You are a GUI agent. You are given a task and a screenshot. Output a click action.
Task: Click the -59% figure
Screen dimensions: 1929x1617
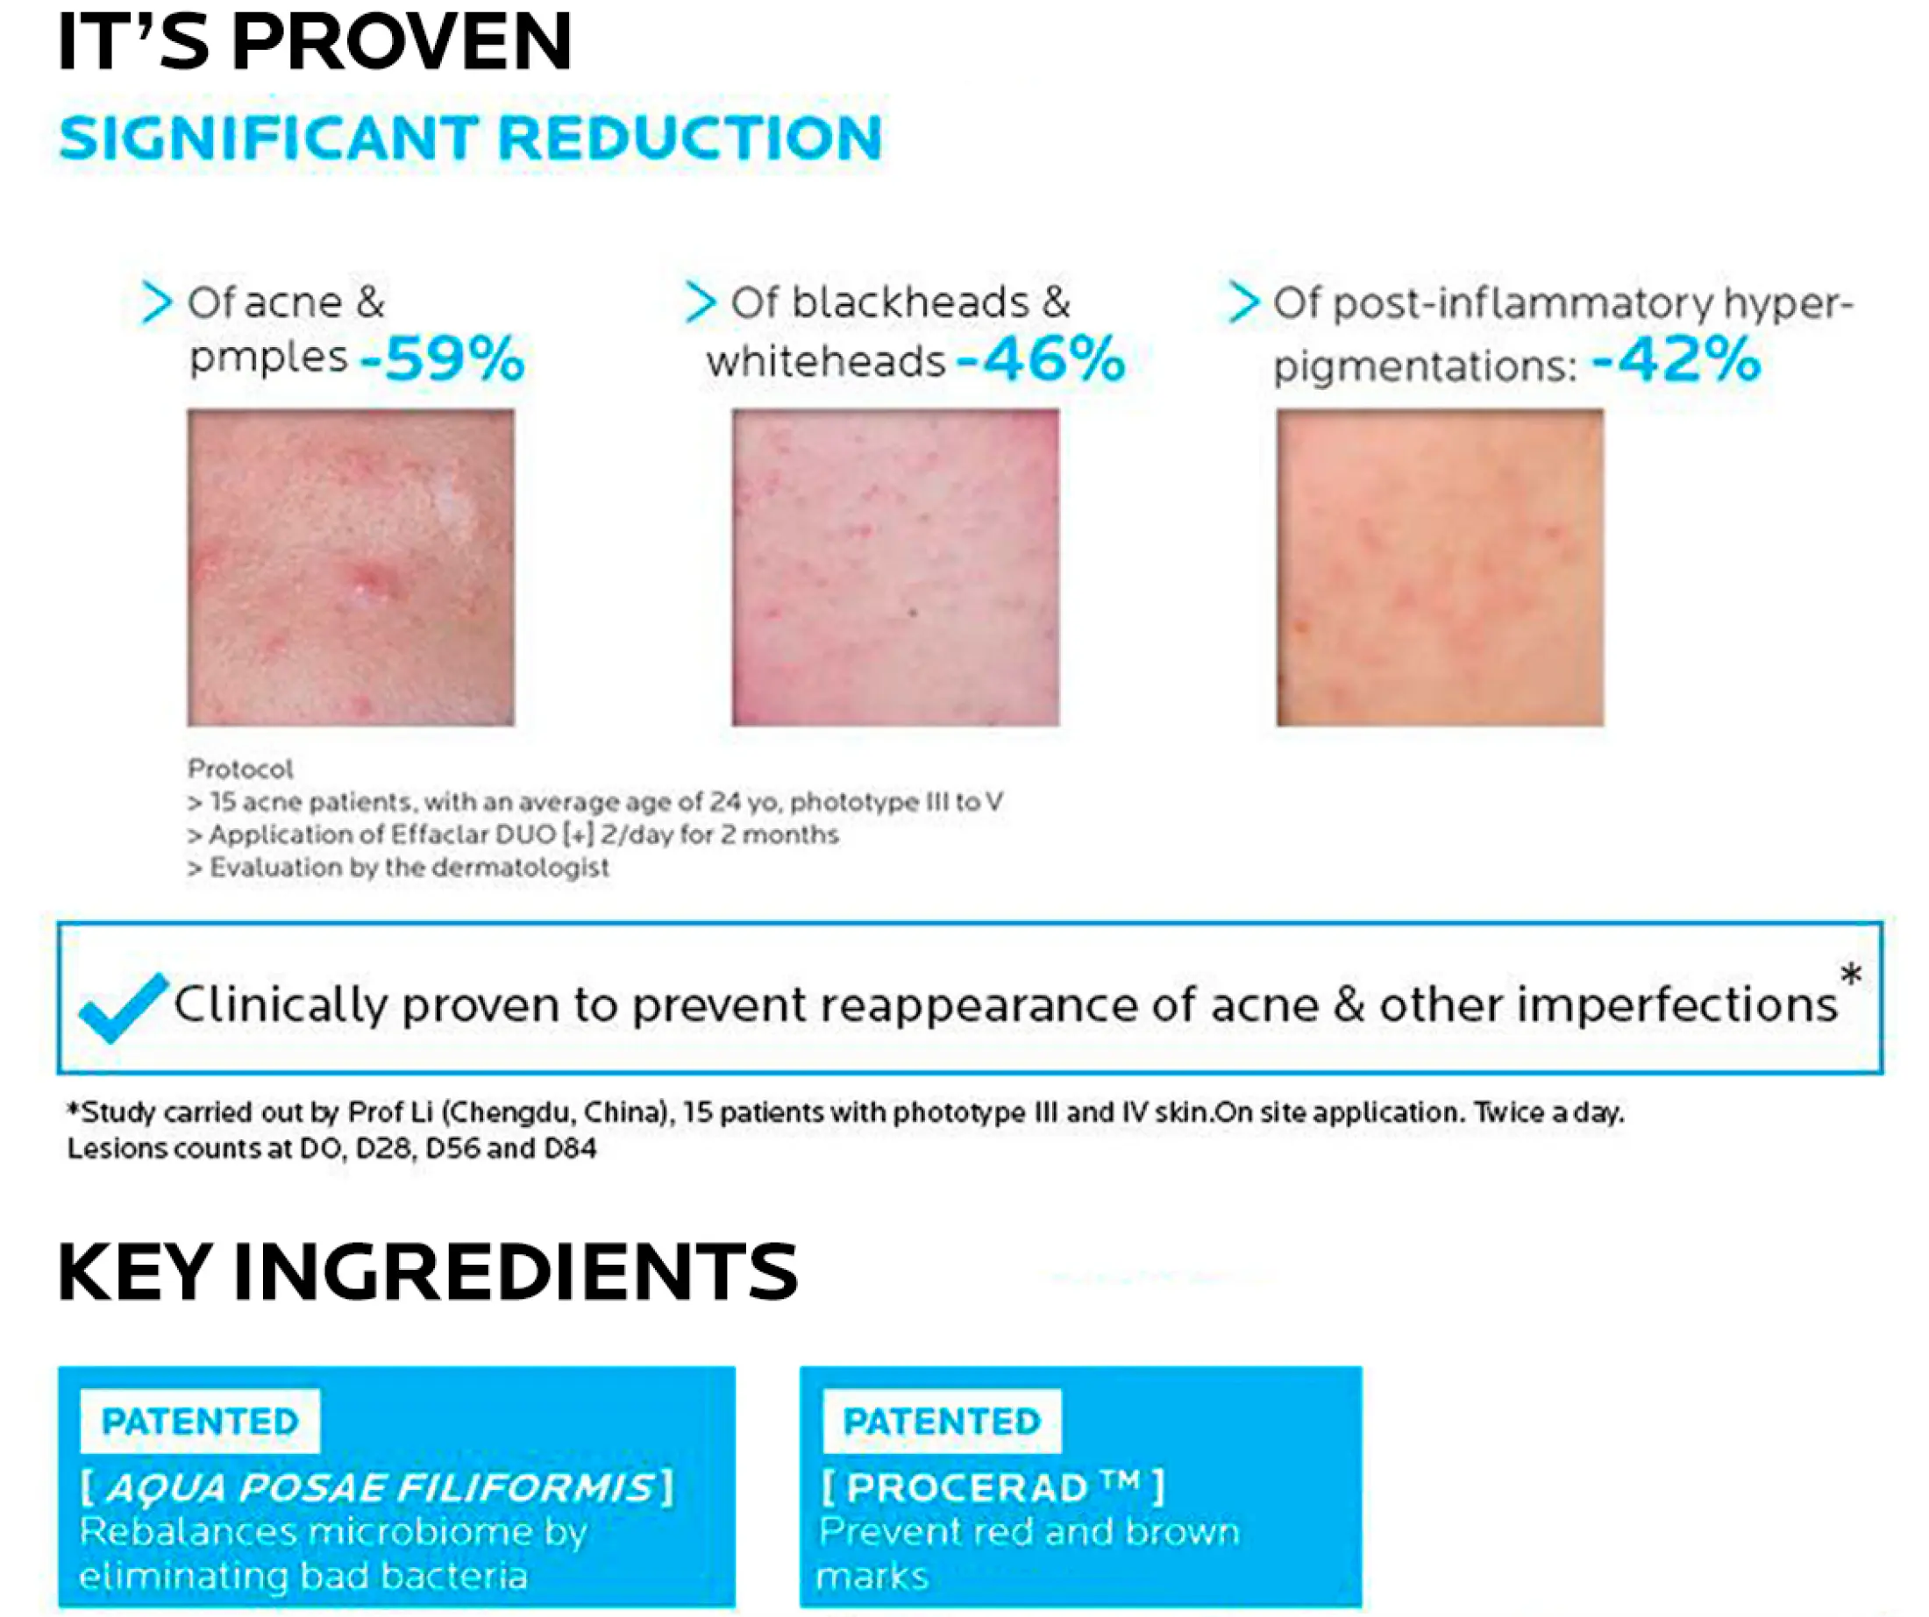tap(442, 358)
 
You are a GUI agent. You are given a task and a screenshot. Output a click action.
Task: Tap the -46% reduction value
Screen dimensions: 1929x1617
tap(1041, 358)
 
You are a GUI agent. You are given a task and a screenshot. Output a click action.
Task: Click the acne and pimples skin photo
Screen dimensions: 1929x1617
tap(351, 567)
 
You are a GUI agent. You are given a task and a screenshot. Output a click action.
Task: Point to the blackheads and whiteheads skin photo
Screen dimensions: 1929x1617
tap(895, 567)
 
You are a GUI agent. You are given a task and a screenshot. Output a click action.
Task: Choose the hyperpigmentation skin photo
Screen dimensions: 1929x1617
tap(1441, 567)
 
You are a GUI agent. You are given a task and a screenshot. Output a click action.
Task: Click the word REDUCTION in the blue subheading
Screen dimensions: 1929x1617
tap(690, 138)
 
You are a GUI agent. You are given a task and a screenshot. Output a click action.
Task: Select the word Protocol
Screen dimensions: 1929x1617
tap(240, 769)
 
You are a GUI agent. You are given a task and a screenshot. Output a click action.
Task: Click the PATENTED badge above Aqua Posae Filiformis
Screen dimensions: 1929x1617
tap(200, 1422)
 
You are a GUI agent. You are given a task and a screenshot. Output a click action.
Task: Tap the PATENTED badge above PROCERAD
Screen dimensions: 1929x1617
tap(943, 1422)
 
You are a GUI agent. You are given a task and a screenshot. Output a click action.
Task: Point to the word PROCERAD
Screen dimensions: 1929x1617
tap(968, 1488)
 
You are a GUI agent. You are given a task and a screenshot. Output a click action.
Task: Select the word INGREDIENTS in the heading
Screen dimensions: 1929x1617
tap(516, 1273)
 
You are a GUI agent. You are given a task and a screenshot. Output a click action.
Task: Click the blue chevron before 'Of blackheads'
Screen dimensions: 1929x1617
tap(700, 302)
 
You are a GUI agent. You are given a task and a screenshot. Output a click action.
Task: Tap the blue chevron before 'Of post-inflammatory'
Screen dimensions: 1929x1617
tap(1242, 302)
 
